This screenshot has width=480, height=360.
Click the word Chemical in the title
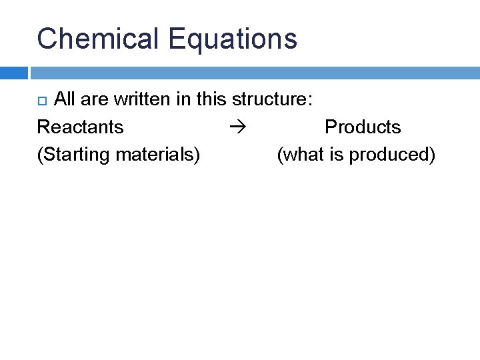[99, 39]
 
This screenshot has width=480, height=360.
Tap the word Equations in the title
[233, 39]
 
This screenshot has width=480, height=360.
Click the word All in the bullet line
[64, 99]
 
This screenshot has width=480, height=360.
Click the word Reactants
[80, 127]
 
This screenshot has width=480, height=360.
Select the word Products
[363, 127]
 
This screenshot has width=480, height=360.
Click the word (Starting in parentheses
[73, 155]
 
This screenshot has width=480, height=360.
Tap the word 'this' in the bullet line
[213, 99]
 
